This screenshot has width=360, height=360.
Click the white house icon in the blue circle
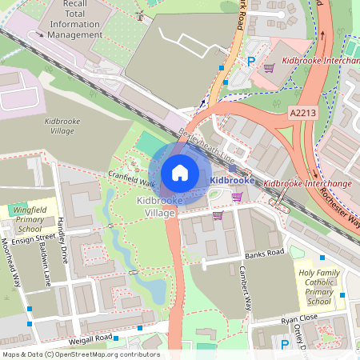180,172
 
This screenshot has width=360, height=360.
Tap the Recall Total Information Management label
74,19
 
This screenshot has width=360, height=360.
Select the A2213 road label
304,114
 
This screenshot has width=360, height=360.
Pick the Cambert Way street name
247,293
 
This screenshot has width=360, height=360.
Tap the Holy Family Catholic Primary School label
318,287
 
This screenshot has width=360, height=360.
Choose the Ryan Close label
299,318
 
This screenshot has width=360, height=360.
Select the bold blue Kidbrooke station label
231,181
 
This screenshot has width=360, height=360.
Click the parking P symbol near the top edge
251,60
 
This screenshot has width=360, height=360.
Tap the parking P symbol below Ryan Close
285,345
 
